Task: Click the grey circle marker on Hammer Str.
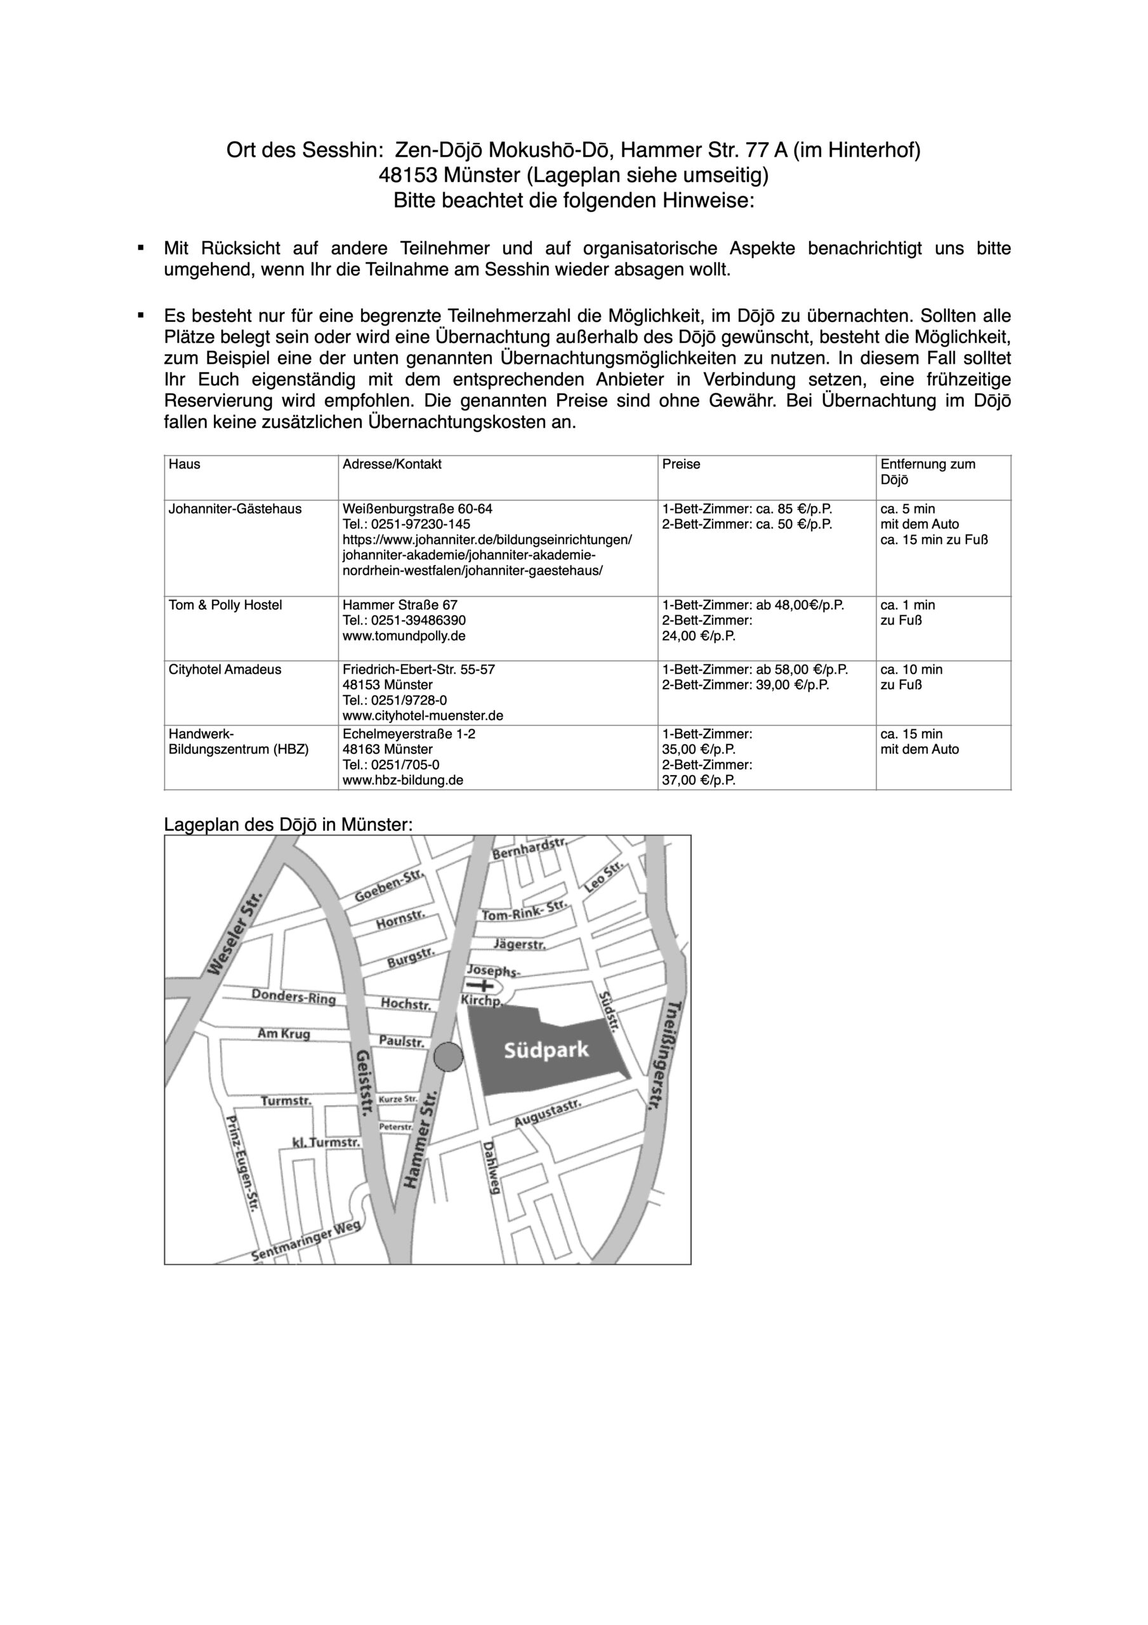[447, 1058]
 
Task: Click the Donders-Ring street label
[294, 997]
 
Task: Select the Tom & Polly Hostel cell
[225, 605]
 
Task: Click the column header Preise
[681, 464]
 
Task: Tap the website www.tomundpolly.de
[404, 635]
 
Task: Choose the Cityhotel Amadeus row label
[225, 670]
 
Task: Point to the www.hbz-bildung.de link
[403, 780]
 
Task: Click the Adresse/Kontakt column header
[392, 464]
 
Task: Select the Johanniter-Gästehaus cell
[235, 509]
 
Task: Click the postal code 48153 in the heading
[409, 175]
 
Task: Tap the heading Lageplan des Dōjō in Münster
[288, 825]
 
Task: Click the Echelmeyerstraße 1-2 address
[409, 734]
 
